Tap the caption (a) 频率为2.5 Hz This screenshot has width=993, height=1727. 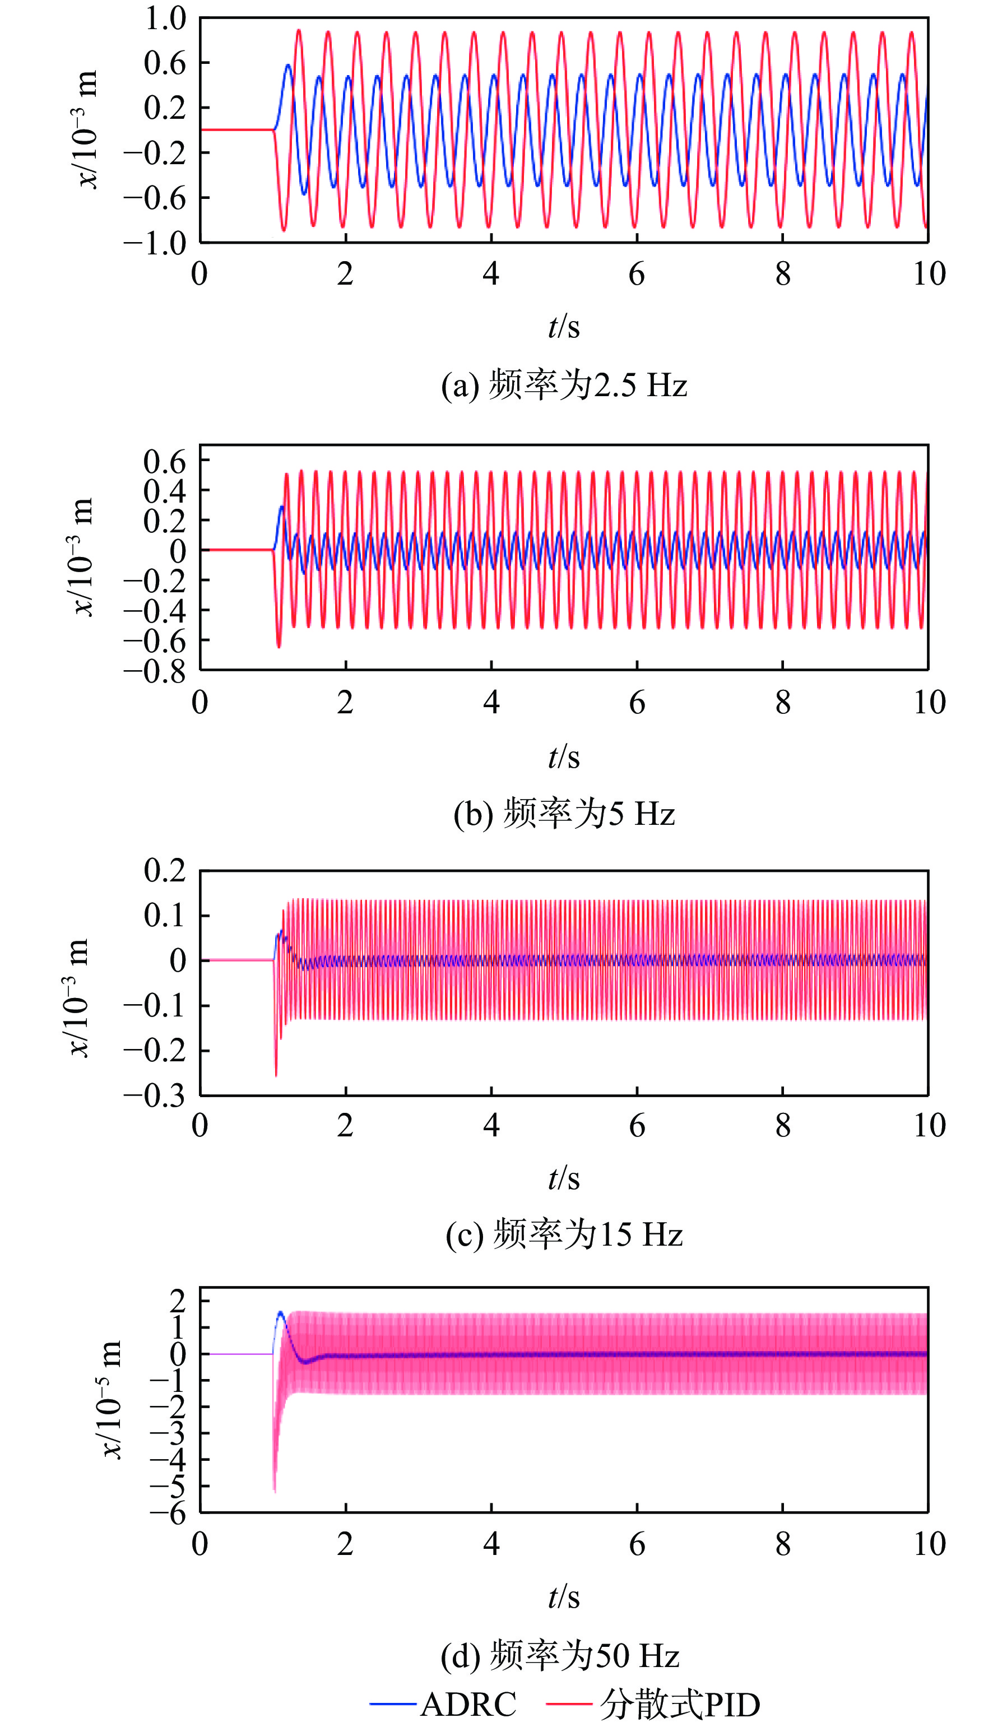click(x=564, y=386)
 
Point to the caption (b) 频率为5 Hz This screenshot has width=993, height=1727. click(x=564, y=814)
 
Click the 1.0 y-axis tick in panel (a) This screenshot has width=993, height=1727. click(x=165, y=18)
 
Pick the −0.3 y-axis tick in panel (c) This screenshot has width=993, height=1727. click(x=155, y=1095)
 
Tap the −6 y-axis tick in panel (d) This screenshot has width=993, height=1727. click(x=169, y=1514)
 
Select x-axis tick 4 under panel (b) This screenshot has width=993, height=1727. click(x=491, y=702)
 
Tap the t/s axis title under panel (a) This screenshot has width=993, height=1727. click(x=564, y=327)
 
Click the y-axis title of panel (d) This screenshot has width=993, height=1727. click(x=111, y=1399)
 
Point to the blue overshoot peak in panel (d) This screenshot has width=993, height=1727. click(x=280, y=1312)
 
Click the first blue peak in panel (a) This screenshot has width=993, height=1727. click(x=288, y=66)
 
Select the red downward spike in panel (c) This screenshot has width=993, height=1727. click(x=276, y=1075)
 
